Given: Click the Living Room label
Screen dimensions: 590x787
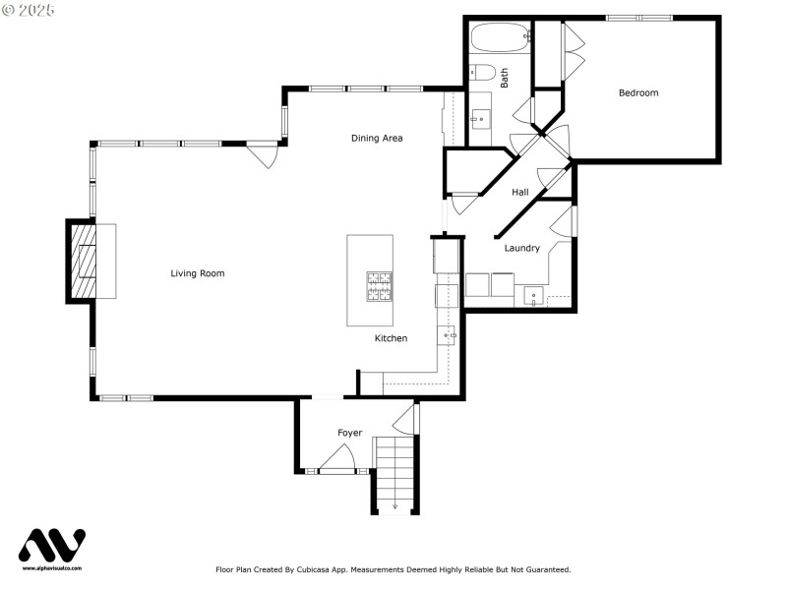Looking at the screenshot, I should click(x=197, y=273).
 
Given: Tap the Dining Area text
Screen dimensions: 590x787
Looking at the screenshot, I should click(x=377, y=138).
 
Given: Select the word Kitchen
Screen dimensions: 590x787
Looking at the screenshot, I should click(x=391, y=338).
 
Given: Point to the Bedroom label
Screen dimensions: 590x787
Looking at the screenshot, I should click(x=637, y=93).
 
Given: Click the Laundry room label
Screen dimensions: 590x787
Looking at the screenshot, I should click(x=521, y=248).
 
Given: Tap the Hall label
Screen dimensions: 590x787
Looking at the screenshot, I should click(x=520, y=192).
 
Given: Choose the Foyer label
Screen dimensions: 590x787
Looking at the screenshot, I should click(x=349, y=433).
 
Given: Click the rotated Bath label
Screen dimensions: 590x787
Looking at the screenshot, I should click(x=505, y=78).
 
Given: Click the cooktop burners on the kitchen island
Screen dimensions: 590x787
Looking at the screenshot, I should click(x=380, y=286).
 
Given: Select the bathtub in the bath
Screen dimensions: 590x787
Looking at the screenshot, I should click(x=500, y=38).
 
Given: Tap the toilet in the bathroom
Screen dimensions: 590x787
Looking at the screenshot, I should click(x=481, y=72).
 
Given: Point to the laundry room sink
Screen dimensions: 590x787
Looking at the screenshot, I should click(x=532, y=294).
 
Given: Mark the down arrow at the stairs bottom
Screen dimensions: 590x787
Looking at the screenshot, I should click(x=394, y=506).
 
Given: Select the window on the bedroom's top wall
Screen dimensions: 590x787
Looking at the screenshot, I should click(x=638, y=18).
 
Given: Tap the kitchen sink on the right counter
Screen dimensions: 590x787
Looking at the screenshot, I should click(x=448, y=337).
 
